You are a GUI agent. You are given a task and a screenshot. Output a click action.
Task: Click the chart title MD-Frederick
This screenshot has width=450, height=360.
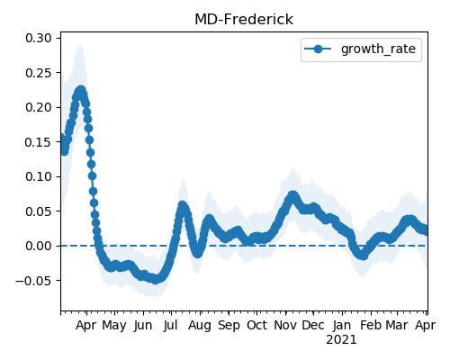(x=244, y=20)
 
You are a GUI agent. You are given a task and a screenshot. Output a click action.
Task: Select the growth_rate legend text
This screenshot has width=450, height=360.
(x=378, y=49)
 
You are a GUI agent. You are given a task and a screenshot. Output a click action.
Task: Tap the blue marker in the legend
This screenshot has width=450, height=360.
(x=318, y=49)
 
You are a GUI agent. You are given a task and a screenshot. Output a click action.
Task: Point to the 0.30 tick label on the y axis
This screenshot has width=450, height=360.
(x=39, y=38)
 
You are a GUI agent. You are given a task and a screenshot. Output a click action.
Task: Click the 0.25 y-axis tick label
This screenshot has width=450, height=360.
(x=39, y=73)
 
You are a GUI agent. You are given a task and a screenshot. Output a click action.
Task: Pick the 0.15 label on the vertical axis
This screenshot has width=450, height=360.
(x=39, y=142)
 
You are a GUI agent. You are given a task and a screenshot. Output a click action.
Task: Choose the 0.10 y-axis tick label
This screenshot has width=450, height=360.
(x=39, y=176)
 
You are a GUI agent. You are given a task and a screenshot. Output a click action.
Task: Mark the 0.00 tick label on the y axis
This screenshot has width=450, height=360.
(x=39, y=246)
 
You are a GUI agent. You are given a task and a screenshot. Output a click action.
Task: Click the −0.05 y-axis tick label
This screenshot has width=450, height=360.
(x=33, y=281)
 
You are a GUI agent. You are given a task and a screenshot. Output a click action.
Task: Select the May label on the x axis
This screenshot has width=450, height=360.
(x=114, y=326)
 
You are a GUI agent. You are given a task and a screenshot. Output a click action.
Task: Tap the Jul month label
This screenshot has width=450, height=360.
(x=171, y=326)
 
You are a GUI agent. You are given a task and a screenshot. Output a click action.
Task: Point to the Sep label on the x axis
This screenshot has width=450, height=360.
(x=229, y=326)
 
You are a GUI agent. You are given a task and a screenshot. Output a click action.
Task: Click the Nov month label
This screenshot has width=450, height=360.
(x=285, y=326)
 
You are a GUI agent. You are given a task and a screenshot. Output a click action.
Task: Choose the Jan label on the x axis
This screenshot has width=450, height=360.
(x=342, y=326)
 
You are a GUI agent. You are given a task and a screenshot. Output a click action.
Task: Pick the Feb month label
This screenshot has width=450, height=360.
(x=371, y=326)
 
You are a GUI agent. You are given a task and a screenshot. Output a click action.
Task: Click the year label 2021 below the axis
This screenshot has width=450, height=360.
(x=341, y=340)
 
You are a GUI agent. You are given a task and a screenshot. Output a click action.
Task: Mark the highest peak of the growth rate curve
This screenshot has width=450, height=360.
(x=80, y=90)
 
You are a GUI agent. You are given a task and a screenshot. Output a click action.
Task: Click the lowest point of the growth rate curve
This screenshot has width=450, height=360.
(x=155, y=280)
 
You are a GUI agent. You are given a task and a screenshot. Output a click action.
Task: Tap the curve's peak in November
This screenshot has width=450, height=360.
(x=292, y=195)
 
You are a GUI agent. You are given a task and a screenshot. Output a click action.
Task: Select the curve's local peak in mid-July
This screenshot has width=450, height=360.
(x=182, y=205)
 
